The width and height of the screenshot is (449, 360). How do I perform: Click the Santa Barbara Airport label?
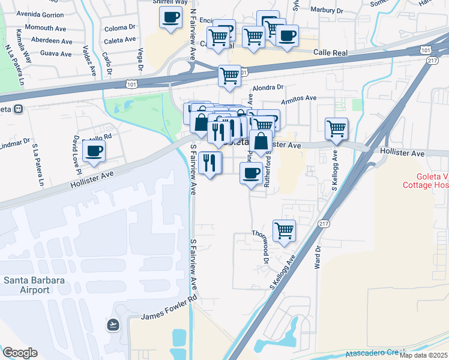pos(26,285)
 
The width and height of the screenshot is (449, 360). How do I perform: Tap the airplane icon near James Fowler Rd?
pos(112,325)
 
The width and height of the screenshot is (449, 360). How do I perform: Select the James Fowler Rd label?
pos(169,308)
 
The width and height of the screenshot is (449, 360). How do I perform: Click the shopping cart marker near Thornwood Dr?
pos(284,229)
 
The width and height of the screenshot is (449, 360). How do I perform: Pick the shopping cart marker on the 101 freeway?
pos(229,75)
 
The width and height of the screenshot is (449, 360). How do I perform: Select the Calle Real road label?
pos(331,53)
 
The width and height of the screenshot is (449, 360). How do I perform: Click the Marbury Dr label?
pos(327,10)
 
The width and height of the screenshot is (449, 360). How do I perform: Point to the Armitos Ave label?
pos(301,98)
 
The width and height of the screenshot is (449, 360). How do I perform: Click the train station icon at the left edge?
pos(18,109)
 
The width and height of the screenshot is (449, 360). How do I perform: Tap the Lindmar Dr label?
pos(15,145)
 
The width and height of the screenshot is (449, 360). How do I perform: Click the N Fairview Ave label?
pos(193,33)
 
